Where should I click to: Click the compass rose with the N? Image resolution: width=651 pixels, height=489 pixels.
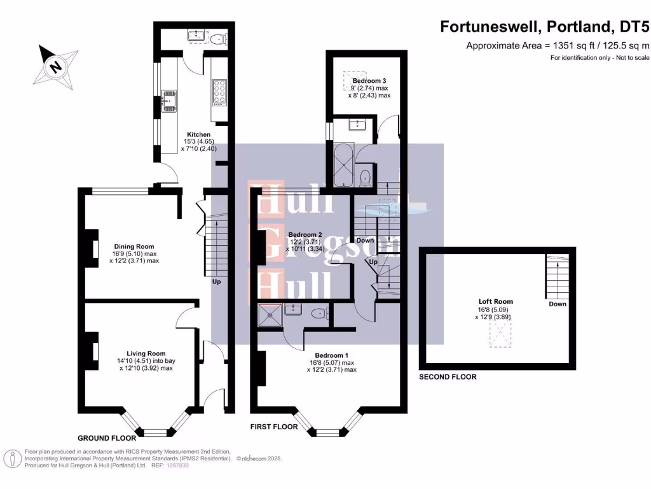point(57,65)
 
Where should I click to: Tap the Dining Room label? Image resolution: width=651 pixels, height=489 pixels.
point(134,246)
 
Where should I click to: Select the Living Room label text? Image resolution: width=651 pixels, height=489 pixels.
point(146,353)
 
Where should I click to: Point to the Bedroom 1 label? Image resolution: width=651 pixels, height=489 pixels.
point(331,355)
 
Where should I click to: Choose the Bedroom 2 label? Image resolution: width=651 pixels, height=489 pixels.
point(305,234)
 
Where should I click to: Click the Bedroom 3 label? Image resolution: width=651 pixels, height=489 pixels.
point(369,81)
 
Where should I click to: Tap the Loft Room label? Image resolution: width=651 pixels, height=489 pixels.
point(496,301)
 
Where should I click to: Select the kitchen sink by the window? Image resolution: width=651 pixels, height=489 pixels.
point(170,100)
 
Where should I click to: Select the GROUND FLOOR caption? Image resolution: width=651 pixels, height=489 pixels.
point(106,438)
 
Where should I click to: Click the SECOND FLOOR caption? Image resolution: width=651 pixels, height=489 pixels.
point(448,377)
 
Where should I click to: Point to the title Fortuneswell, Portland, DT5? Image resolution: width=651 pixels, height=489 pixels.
point(544,27)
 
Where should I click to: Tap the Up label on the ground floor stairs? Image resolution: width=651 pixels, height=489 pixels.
point(217,281)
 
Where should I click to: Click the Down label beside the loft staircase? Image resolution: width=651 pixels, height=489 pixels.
point(557,304)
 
